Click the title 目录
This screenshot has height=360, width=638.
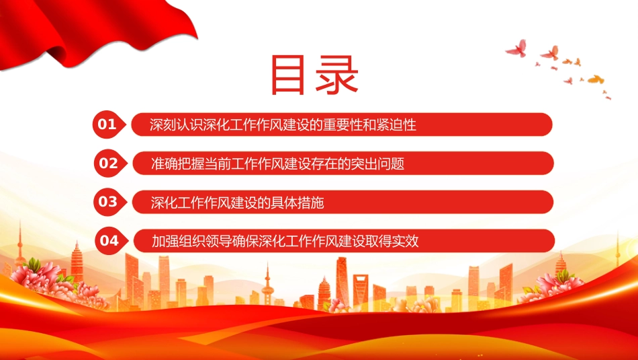[314, 75]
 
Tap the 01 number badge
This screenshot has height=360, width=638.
[108, 124]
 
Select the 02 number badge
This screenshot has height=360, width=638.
[109, 163]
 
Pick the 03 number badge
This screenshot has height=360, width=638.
[109, 201]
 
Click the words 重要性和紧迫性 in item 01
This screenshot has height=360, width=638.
[369, 124]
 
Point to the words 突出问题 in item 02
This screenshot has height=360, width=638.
[377, 164]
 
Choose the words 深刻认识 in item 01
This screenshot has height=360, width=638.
[176, 124]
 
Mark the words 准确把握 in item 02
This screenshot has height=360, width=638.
[177, 164]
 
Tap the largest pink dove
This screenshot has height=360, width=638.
[516, 48]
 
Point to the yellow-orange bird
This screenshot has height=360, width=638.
[596, 79]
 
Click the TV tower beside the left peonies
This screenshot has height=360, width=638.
[20, 245]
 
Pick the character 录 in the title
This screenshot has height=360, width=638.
[336, 75]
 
